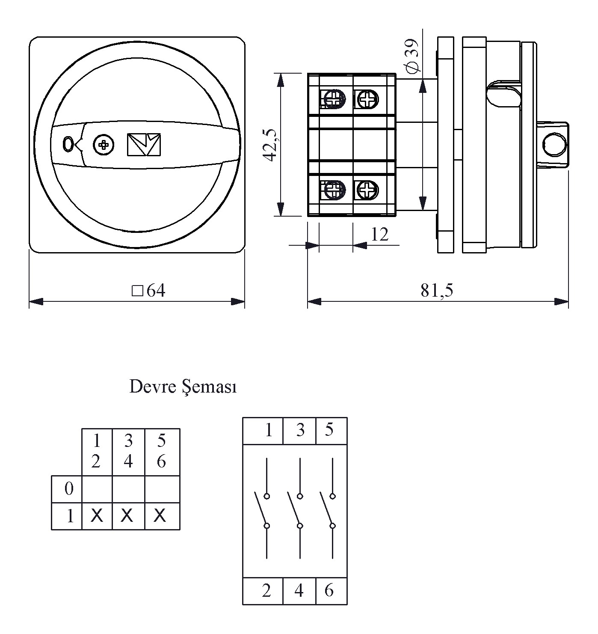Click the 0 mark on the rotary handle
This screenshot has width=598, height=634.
point(68,145)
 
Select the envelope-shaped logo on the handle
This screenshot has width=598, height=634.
point(144,144)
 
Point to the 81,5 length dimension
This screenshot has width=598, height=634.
point(436,291)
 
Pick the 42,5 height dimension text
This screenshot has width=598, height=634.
point(270,145)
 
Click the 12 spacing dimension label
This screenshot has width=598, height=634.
point(379,235)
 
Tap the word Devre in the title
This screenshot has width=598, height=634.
point(152,387)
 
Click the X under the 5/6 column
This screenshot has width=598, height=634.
point(160,516)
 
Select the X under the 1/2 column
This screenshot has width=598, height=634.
point(97,516)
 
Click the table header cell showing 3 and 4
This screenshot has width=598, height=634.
point(128,451)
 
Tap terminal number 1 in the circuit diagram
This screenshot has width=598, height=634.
point(269,430)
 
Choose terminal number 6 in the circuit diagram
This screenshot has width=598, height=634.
point(329,591)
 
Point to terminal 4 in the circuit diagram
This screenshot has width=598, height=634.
point(299,591)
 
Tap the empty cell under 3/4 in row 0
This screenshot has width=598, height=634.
point(128,489)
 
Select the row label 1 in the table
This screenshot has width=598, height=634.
point(70,516)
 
